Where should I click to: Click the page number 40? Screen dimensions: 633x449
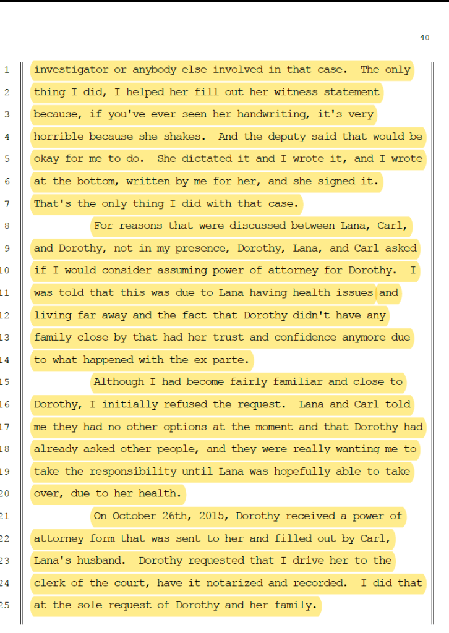point(424,38)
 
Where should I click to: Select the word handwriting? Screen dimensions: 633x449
point(296,114)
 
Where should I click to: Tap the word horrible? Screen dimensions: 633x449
point(59,137)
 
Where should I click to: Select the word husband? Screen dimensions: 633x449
point(108,561)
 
